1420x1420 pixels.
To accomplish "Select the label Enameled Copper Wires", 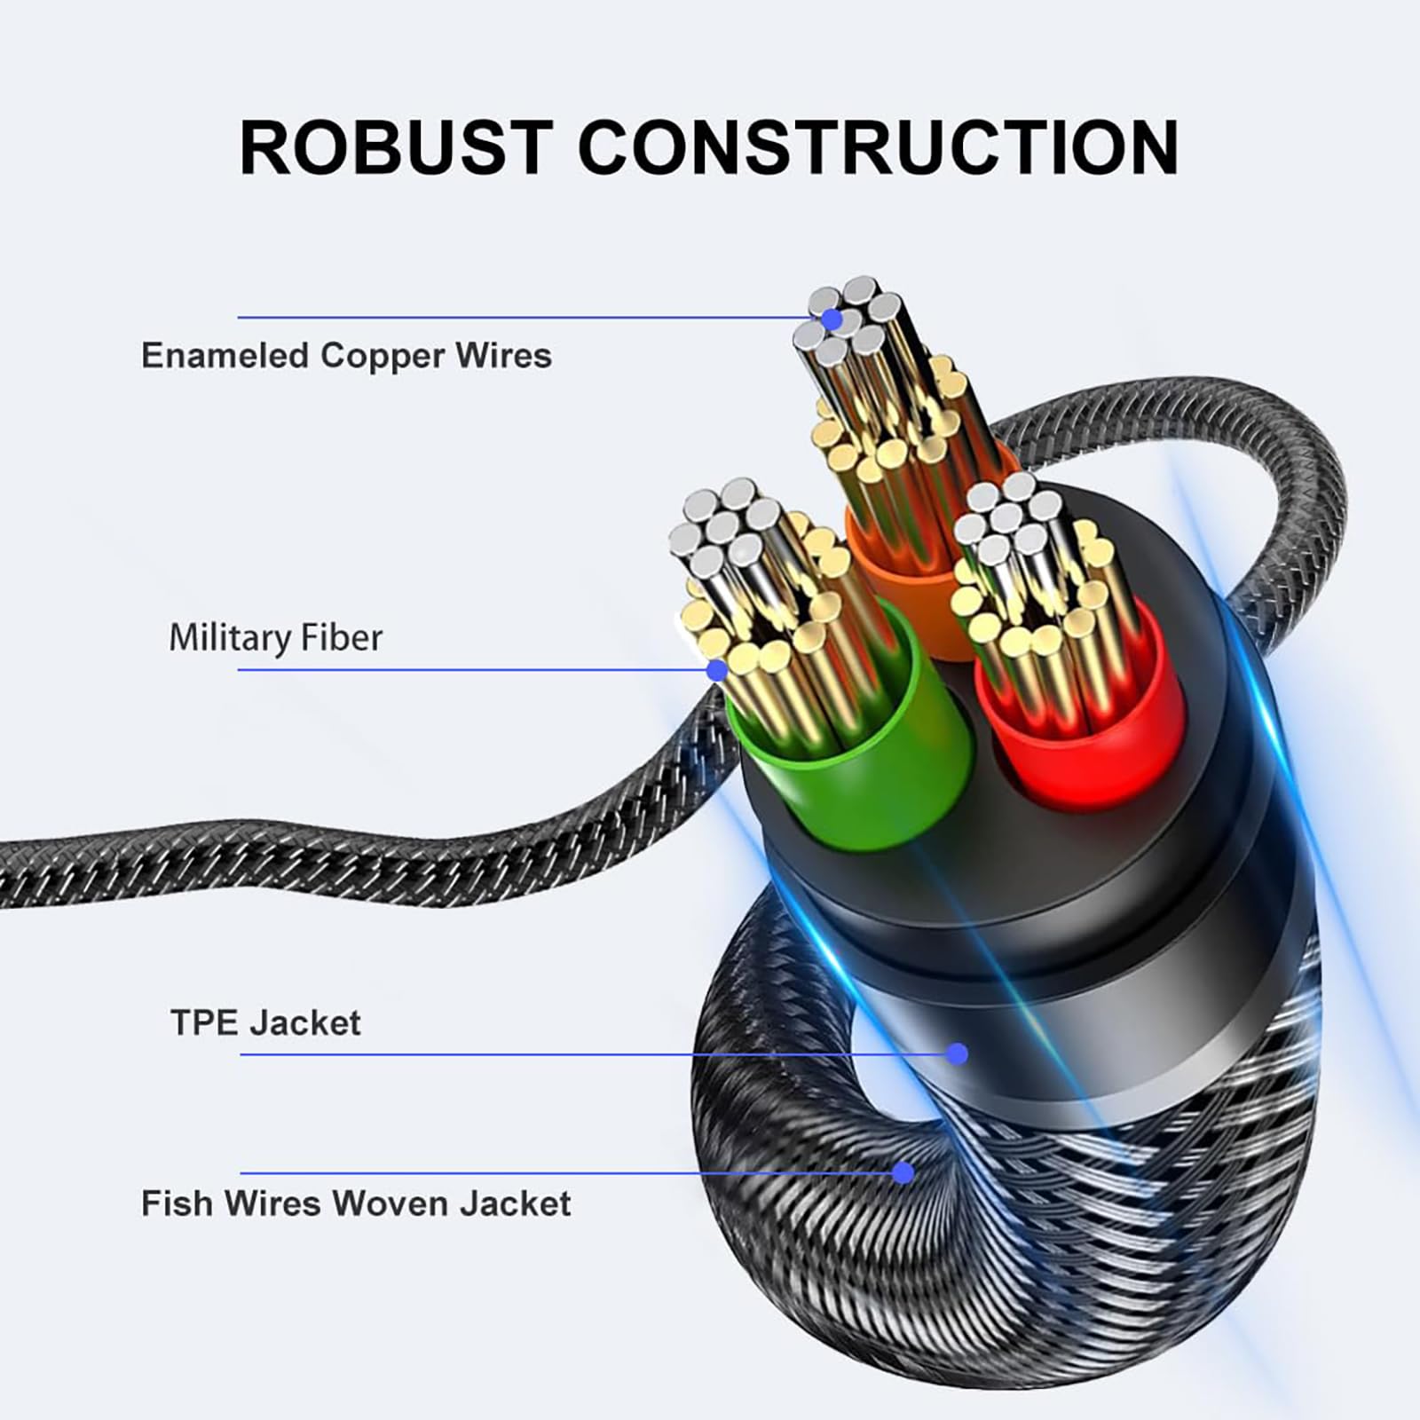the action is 346,356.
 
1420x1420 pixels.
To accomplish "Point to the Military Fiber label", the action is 275,638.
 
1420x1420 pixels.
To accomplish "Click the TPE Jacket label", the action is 265,1023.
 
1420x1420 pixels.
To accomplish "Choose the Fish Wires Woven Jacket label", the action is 356,1203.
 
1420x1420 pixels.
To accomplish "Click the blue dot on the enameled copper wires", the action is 832,319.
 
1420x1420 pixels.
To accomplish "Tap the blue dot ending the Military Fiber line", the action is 717,670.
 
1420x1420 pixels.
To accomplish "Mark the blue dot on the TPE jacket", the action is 957,1053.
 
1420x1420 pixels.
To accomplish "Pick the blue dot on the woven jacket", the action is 903,1173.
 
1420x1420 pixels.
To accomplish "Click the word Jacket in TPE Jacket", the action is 304,1023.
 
